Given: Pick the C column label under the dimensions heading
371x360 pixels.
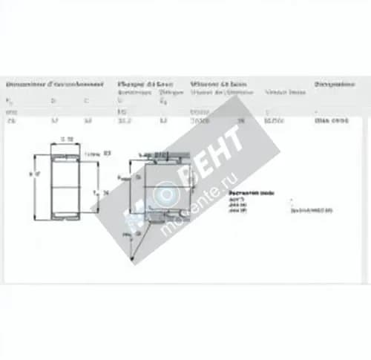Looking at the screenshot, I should (87, 100).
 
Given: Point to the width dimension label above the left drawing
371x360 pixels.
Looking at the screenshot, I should (67, 139).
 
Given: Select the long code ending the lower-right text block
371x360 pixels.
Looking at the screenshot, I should (312, 210).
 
